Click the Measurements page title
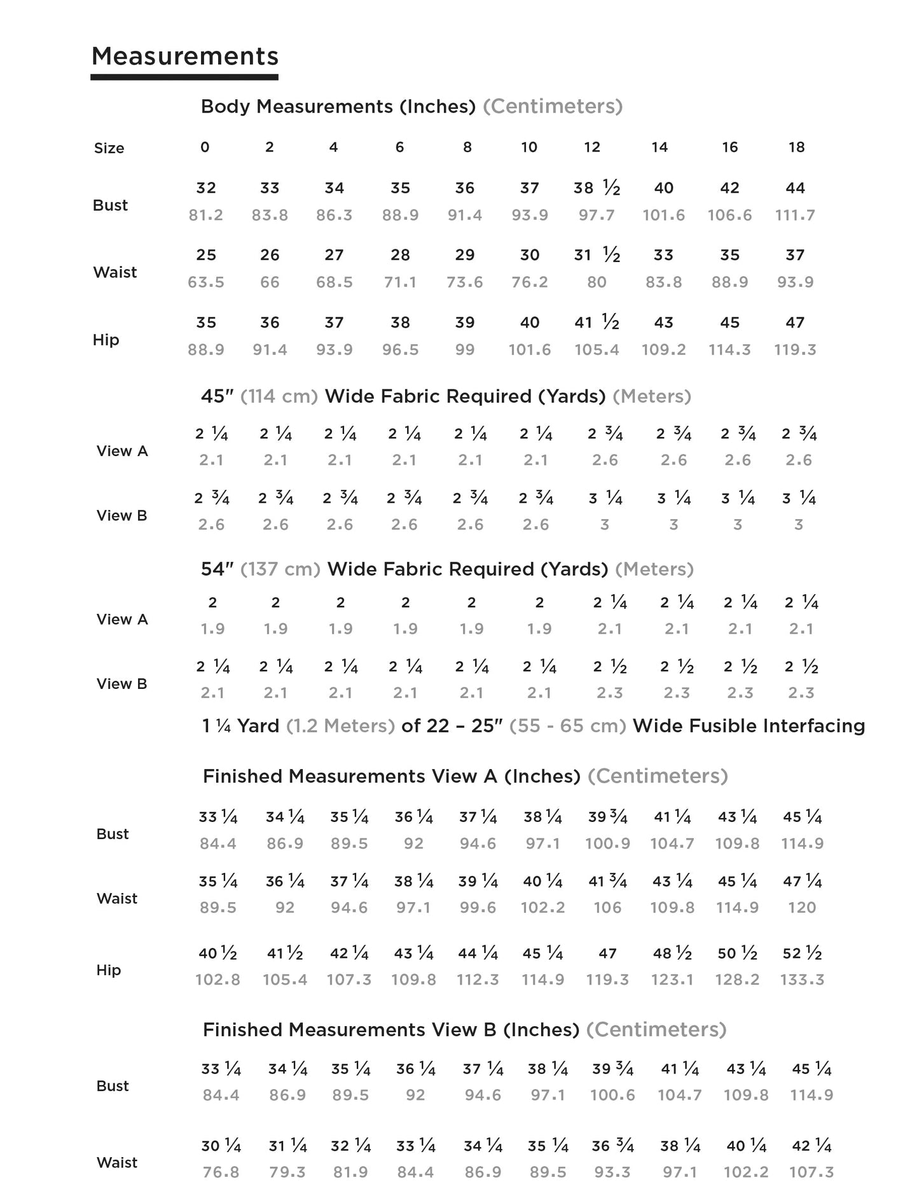point(185,57)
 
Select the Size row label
point(109,148)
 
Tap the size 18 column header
point(796,148)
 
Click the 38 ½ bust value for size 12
point(596,188)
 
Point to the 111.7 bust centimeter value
point(795,216)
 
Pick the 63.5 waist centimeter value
point(205,282)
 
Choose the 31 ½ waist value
point(597,256)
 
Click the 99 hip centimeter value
point(465,350)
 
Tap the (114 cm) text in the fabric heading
point(279,397)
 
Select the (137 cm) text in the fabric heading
point(280,569)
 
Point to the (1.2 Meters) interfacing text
point(341,727)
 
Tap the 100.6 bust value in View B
point(612,1095)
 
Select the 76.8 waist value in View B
point(221,1172)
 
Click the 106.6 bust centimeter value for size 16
point(729,216)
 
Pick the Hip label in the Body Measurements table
point(106,340)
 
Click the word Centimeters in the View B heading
point(656,1030)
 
